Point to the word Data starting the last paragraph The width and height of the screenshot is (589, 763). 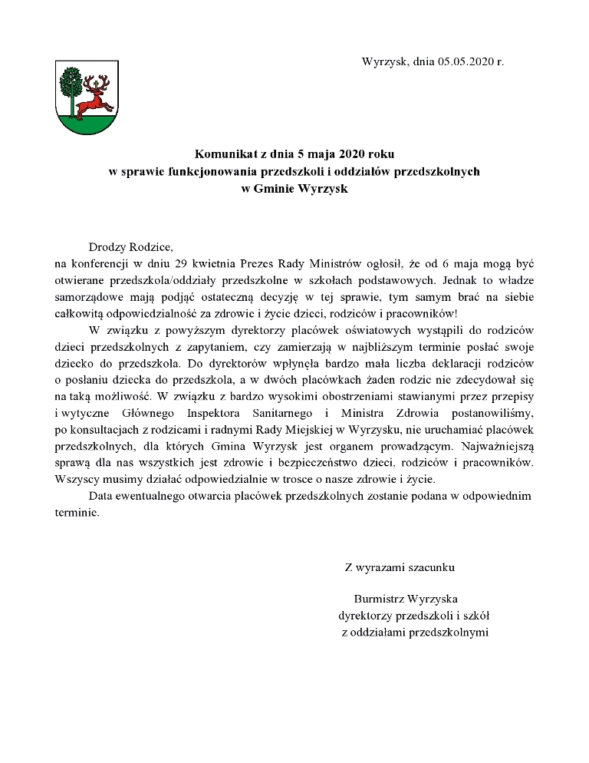(101, 496)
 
